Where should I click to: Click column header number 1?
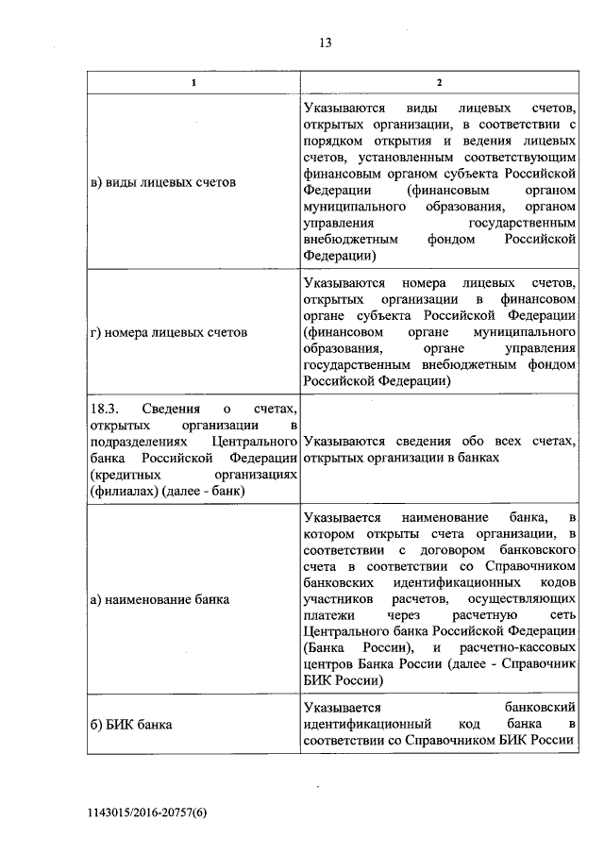tap(193, 83)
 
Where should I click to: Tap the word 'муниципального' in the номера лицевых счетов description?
tap(526, 333)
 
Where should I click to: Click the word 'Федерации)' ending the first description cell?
tap(340, 255)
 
